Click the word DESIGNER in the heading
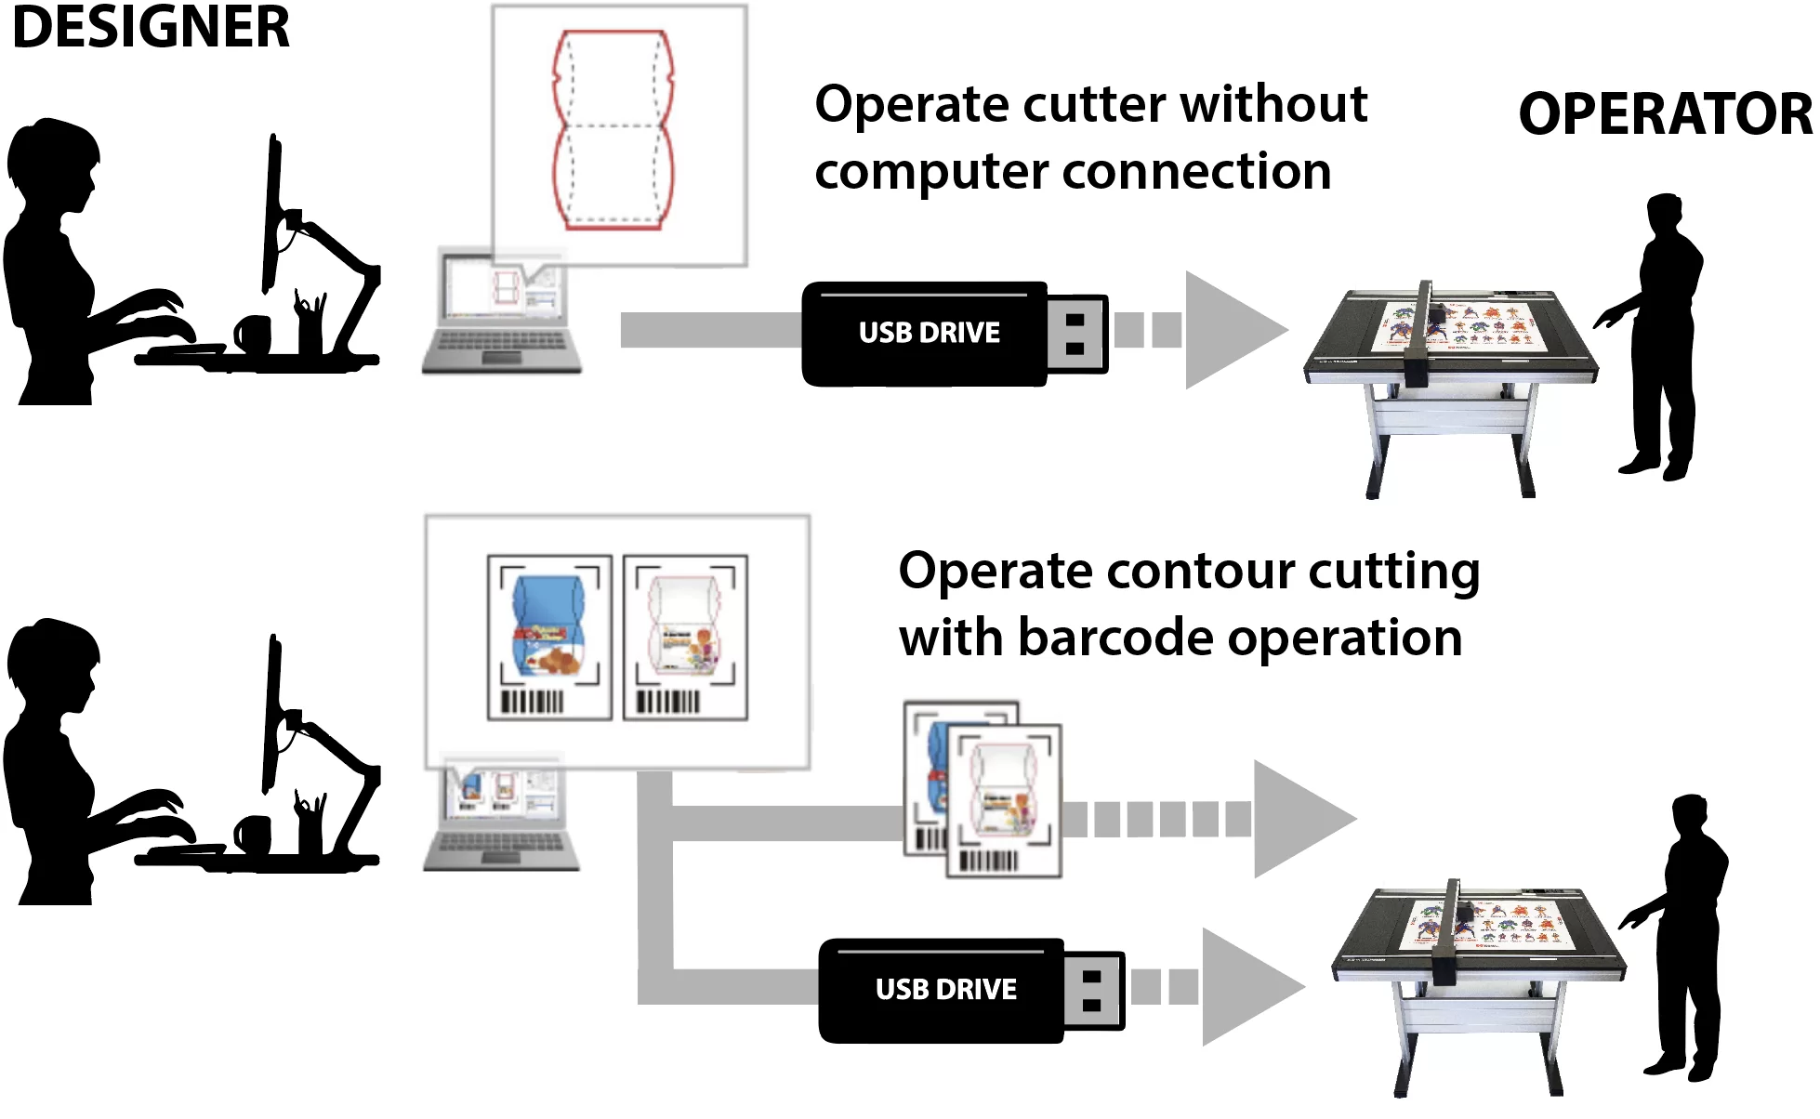tap(151, 28)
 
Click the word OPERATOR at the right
tap(1664, 114)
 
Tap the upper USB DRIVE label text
tap(929, 333)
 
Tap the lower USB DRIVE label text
tap(945, 989)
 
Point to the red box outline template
tap(613, 130)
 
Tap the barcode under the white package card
tap(667, 701)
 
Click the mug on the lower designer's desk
tap(252, 833)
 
